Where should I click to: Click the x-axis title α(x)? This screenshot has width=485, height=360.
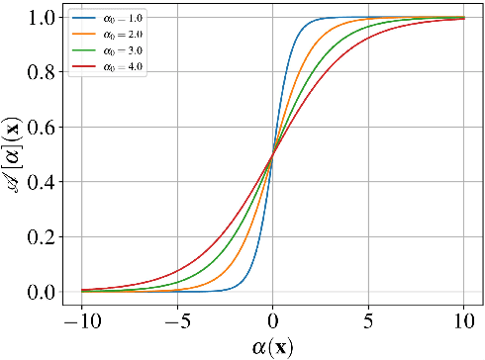271,346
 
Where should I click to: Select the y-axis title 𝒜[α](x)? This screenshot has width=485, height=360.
13,154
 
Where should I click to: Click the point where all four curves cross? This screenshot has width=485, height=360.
272,154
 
